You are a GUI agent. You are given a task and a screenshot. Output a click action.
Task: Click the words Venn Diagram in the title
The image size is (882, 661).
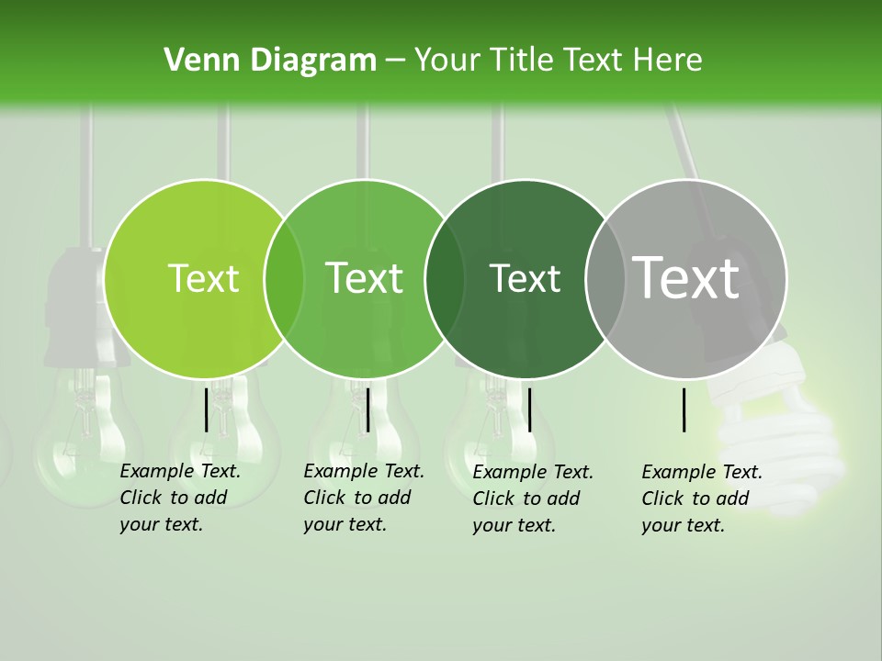tap(270, 61)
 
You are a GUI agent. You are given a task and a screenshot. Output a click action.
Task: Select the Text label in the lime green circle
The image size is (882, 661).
tap(203, 278)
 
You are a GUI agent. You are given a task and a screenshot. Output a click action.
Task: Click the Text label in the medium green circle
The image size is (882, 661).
tap(364, 278)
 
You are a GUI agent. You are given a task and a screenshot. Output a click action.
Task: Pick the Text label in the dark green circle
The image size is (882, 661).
tap(525, 278)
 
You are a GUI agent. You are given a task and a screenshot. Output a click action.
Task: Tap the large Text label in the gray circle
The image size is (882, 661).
tap(686, 278)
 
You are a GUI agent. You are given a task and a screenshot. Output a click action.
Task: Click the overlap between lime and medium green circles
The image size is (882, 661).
tap(284, 278)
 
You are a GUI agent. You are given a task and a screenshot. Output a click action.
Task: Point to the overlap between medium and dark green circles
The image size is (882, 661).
tap(445, 278)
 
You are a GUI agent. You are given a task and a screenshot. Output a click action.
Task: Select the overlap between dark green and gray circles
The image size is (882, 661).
tap(605, 278)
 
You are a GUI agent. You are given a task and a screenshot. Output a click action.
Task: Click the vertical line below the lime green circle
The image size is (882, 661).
tap(207, 409)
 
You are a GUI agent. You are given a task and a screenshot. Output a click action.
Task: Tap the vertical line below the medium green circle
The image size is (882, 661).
tap(367, 409)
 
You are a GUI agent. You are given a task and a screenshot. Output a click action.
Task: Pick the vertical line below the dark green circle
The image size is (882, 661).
tap(529, 409)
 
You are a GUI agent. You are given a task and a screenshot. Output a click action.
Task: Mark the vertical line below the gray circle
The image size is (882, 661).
tap(684, 409)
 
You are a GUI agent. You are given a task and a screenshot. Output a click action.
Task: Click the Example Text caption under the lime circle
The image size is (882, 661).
tap(179, 498)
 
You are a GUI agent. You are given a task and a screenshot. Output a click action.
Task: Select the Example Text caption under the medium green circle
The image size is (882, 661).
tap(363, 498)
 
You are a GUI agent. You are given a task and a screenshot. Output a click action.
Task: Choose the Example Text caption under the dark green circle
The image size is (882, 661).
tap(532, 499)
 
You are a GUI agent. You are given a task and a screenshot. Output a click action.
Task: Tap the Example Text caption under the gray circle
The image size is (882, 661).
tap(701, 499)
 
